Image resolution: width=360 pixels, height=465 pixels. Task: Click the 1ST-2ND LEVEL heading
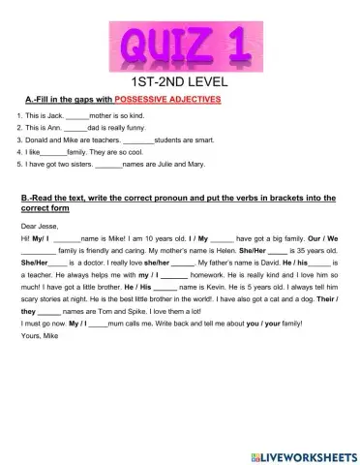pyautogui.click(x=180, y=83)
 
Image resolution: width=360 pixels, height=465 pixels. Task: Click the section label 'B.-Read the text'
pyautogui.click(x=58, y=198)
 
